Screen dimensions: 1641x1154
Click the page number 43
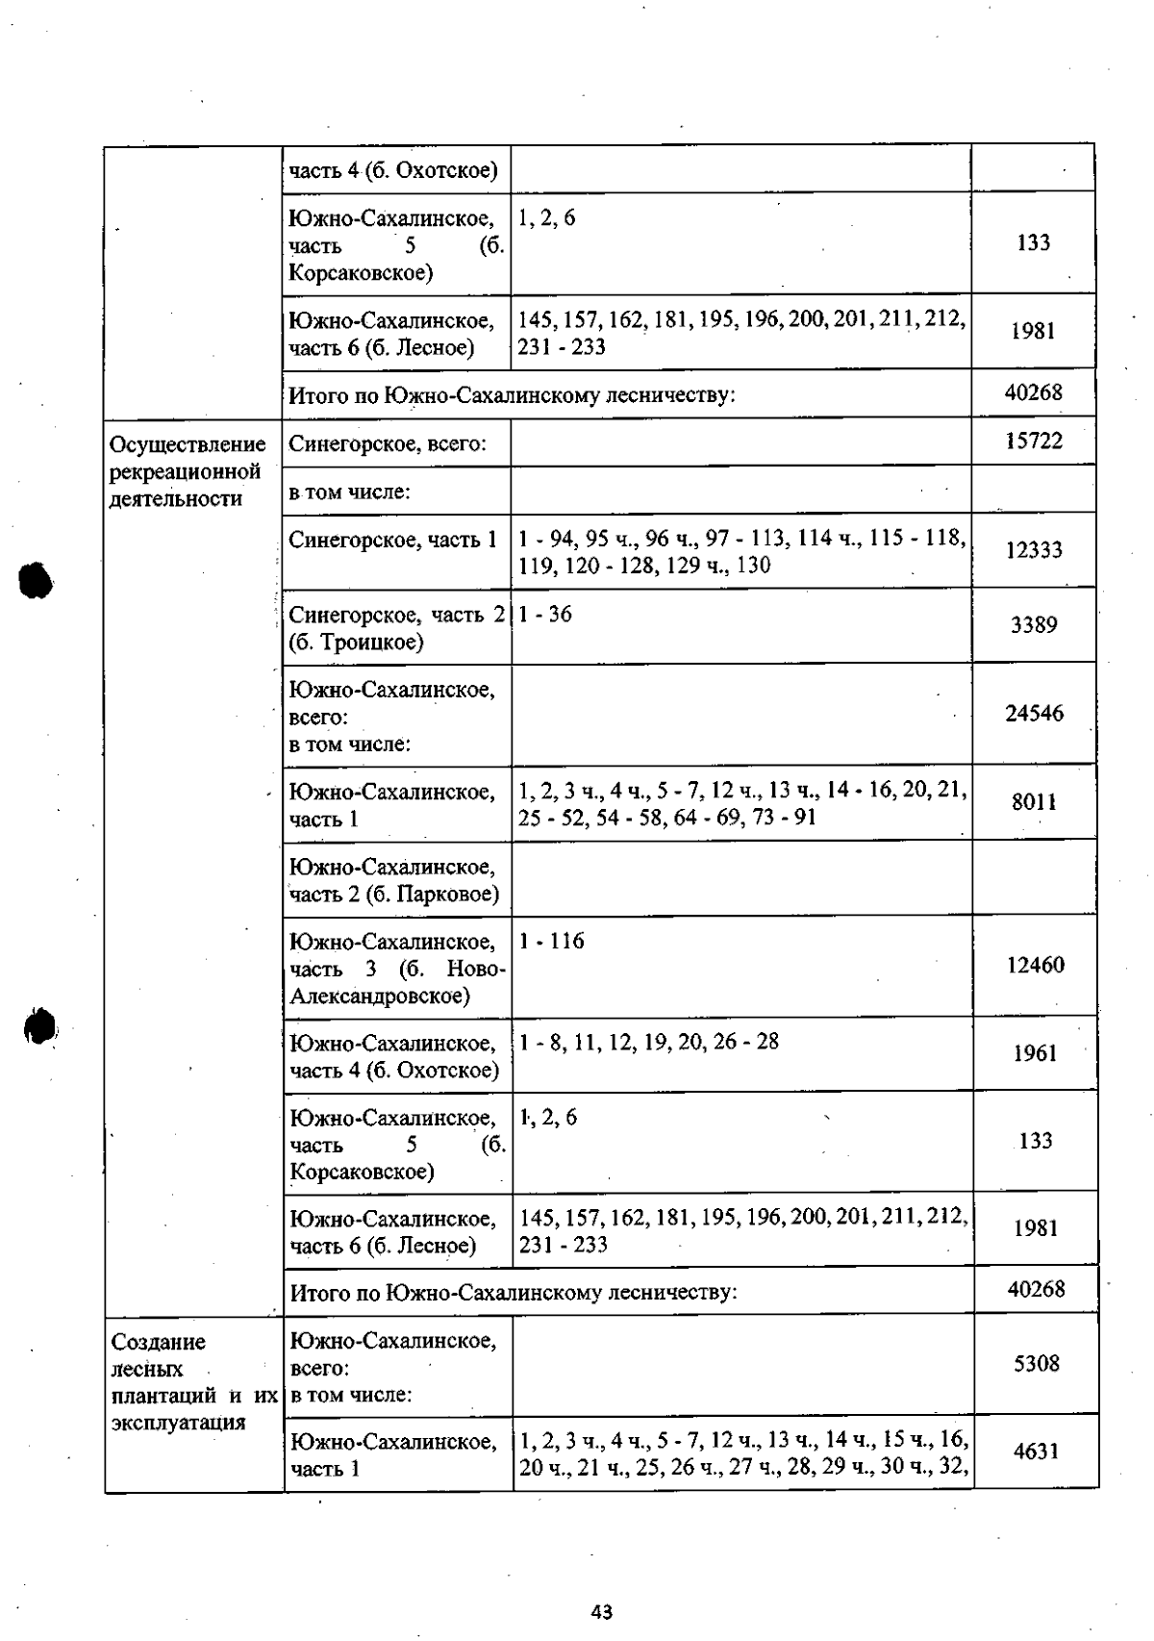click(x=602, y=1612)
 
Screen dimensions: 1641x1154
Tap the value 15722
click(x=1034, y=442)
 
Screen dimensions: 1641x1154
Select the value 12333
click(x=1034, y=550)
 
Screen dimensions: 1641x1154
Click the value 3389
click(x=1034, y=625)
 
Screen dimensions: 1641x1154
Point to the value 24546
click(x=1034, y=714)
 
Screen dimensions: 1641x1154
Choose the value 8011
click(x=1034, y=802)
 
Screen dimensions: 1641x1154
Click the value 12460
click(x=1035, y=966)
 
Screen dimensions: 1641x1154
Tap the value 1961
click(x=1035, y=1053)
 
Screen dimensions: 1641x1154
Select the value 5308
click(x=1036, y=1364)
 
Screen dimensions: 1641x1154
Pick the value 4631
click(x=1036, y=1452)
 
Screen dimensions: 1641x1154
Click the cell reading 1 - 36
click(x=545, y=615)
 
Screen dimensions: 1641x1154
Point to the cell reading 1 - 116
click(x=552, y=942)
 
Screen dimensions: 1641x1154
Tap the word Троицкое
click(x=372, y=643)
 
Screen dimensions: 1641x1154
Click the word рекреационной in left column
click(x=185, y=472)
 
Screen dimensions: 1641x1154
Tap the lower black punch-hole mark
click(x=39, y=1026)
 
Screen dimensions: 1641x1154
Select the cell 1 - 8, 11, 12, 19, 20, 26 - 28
click(x=649, y=1042)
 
